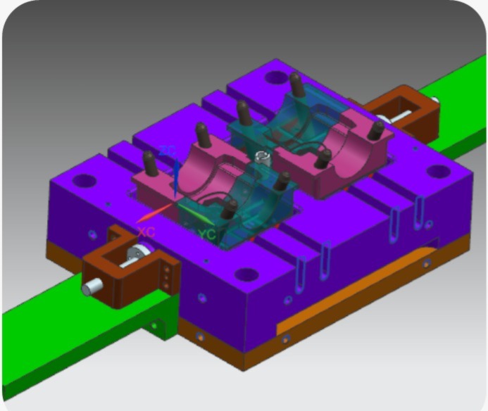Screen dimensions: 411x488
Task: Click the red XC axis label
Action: (x=146, y=231)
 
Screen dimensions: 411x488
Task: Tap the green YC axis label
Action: (x=206, y=234)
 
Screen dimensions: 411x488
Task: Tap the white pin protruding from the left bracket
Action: (x=92, y=286)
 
